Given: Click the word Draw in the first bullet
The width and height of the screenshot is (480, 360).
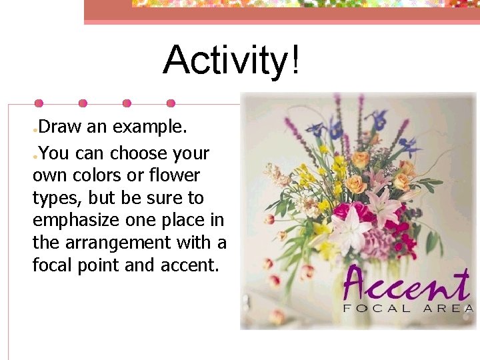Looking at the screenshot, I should coord(61,126).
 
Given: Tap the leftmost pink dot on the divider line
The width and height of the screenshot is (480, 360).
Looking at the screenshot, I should coord(39,103).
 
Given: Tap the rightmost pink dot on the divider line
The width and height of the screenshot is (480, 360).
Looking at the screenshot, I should coord(171,103).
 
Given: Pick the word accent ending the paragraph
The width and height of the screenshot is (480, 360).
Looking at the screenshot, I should coord(189,265).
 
